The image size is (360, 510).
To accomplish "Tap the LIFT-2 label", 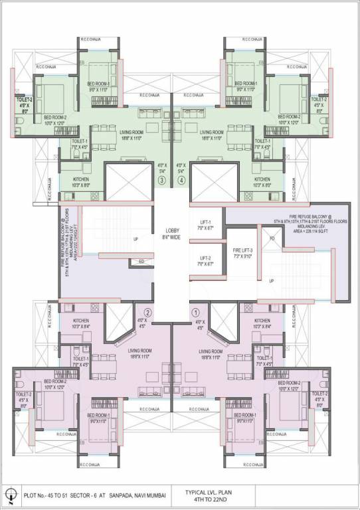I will click(x=205, y=260).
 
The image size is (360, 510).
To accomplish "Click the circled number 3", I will click(x=161, y=179).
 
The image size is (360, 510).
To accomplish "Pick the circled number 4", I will click(x=181, y=179).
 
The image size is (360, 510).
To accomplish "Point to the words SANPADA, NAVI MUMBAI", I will click(x=139, y=495).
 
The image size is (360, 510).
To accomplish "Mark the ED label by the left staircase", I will click(x=141, y=262).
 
